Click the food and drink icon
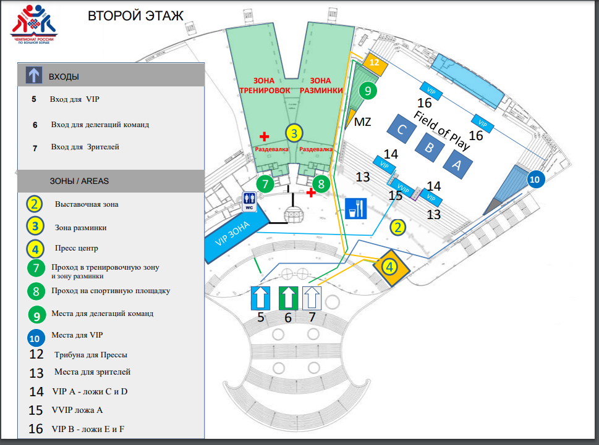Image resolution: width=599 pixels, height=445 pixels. (355, 208)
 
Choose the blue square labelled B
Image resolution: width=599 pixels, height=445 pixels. (428, 147)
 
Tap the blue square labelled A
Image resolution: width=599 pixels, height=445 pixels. (457, 164)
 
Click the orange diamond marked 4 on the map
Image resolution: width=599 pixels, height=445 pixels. (389, 267)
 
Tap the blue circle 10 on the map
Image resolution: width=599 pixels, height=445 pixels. (535, 180)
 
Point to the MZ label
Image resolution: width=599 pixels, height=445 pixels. (362, 122)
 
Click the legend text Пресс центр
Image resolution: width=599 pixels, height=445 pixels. (76, 249)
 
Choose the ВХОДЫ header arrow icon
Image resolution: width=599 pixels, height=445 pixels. (33, 76)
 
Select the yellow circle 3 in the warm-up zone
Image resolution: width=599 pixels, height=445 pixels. (295, 133)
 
